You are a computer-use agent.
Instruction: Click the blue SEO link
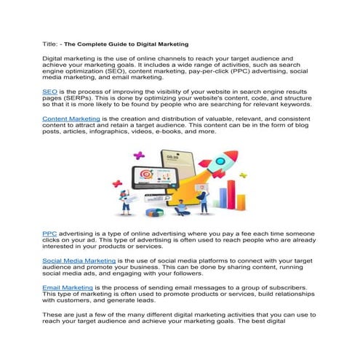point(49,92)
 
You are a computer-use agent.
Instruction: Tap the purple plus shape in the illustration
point(139,155)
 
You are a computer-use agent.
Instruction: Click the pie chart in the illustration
point(154,212)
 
